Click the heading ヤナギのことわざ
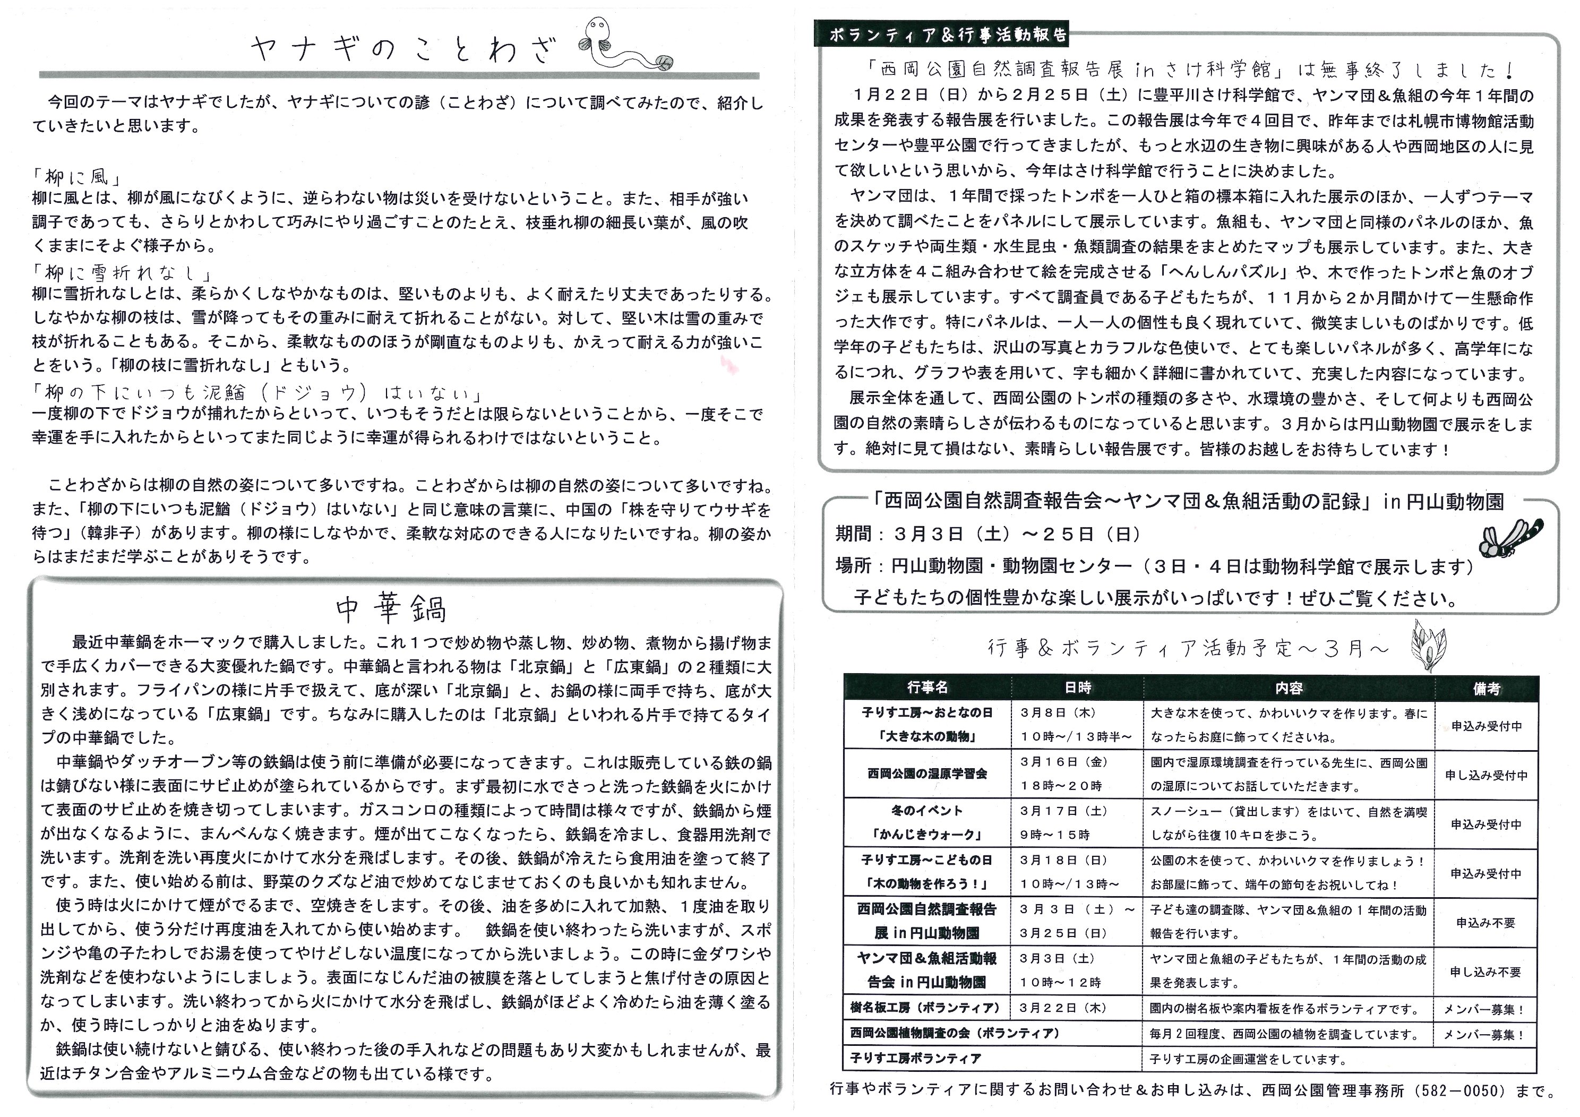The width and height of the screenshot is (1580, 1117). coord(402,50)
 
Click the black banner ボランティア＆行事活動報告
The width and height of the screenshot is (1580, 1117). coord(941,35)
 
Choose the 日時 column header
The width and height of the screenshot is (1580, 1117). coord(1077,688)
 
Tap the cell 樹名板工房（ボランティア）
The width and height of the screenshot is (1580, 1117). coord(925,1008)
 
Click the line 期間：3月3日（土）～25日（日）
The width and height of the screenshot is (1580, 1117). coord(987,534)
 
